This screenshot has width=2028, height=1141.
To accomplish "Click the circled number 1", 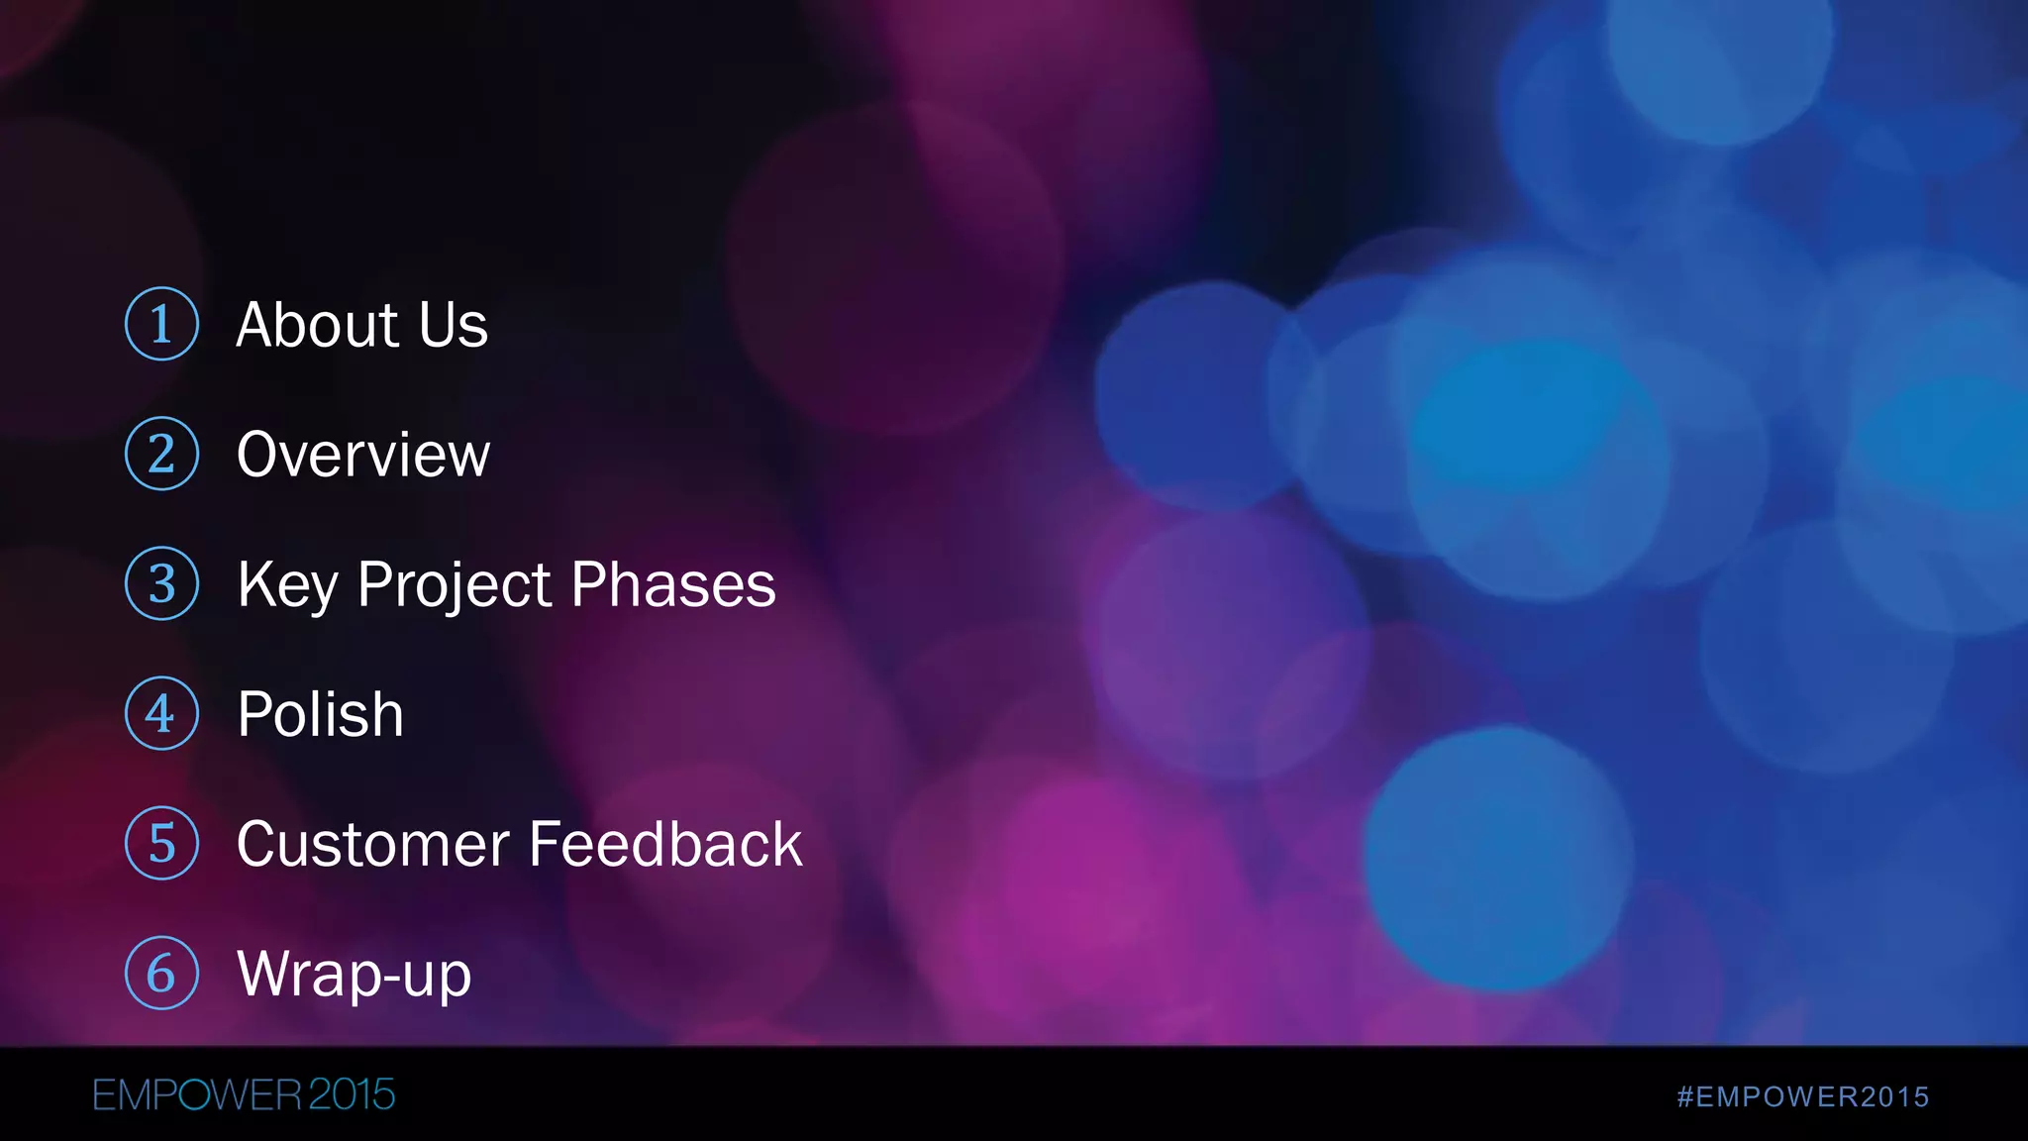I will (x=161, y=324).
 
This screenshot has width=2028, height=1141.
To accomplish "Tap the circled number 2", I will (x=161, y=454).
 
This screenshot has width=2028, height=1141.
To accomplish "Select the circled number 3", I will (x=161, y=583).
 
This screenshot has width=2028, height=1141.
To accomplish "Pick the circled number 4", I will (x=161, y=713).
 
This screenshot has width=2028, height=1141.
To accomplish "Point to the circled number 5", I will (x=161, y=843).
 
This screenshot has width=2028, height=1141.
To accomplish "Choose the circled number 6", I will (x=161, y=973).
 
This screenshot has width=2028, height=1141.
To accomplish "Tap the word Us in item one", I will (x=454, y=325).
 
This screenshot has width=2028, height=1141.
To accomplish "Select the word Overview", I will (x=363, y=455).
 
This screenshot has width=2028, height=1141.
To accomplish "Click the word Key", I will (x=287, y=585).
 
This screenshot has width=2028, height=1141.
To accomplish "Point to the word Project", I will (x=455, y=585).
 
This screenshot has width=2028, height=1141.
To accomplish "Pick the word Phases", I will (x=673, y=584).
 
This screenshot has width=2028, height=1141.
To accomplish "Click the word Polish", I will (x=321, y=714).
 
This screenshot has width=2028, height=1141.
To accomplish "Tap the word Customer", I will (x=371, y=845).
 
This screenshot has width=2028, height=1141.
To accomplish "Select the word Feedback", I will (x=665, y=845).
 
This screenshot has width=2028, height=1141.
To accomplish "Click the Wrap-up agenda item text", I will (x=354, y=975).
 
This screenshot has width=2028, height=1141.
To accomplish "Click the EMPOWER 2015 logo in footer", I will (x=244, y=1095).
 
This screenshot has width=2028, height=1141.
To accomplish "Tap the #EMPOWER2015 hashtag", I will (x=1802, y=1096).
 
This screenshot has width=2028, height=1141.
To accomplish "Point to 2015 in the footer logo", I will (x=352, y=1095).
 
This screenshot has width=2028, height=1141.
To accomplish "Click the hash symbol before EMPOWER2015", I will (x=1685, y=1096).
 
